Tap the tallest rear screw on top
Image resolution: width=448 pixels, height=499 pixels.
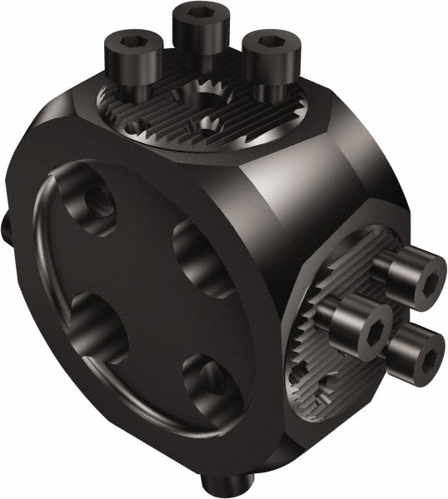tap(200, 33)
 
